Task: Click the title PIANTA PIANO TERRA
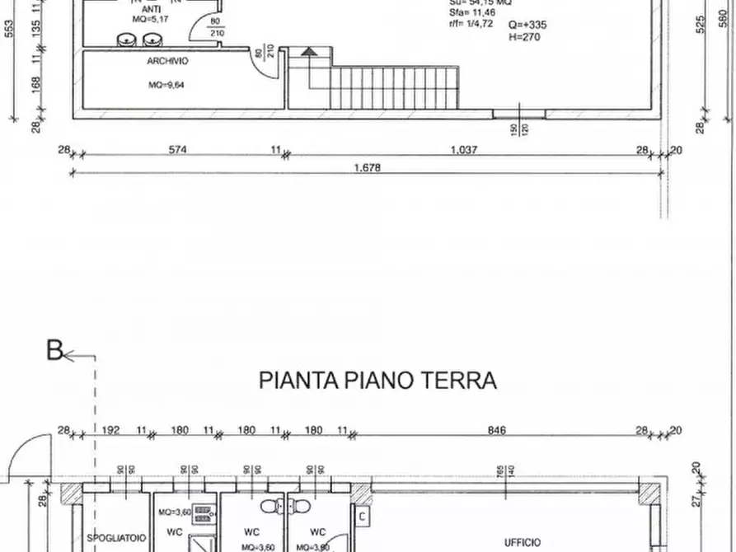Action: pos(378,381)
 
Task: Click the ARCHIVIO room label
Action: pos(168,61)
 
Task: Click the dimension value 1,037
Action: pos(464,150)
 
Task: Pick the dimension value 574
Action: pos(178,150)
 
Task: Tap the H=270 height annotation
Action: pos(524,36)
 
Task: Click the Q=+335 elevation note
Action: pos(527,25)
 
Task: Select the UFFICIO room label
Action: pos(523,543)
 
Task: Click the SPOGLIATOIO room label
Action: pos(108,536)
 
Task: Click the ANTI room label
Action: pos(151,9)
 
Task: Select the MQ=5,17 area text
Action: pos(151,19)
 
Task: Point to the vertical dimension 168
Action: pos(36,86)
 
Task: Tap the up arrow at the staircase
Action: pos(308,52)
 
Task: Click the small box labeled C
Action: pos(363,516)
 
